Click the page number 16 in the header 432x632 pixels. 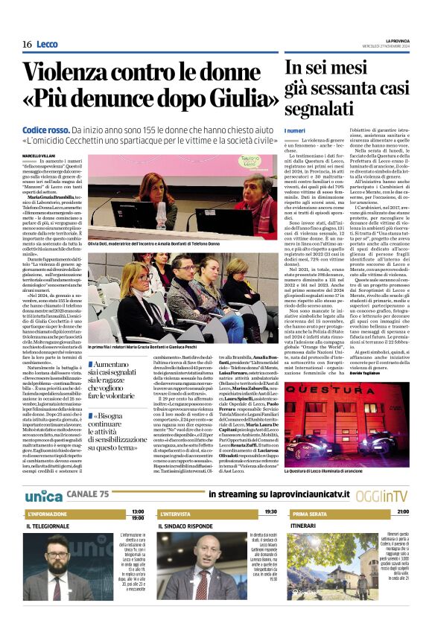point(27,44)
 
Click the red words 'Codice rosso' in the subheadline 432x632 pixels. point(46,130)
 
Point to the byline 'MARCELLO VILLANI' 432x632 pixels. point(38,154)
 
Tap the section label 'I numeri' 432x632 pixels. point(295,131)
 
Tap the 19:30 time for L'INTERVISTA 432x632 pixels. point(270,511)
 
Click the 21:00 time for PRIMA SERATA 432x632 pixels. point(402,511)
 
